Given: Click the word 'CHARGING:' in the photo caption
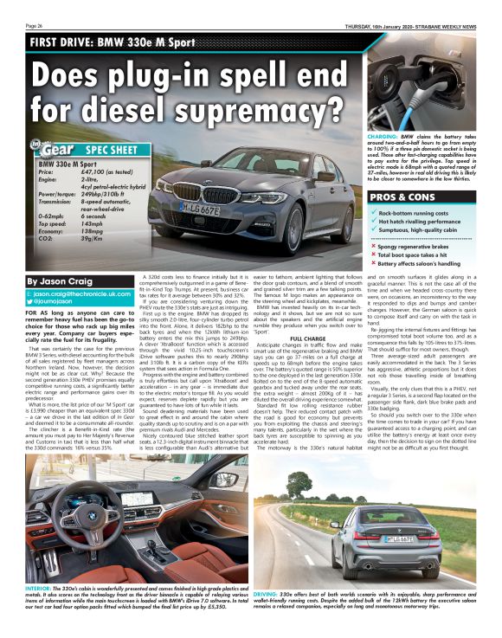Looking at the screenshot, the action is coord(383,137).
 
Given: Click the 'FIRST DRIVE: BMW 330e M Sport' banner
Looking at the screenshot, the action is coord(110,42).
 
